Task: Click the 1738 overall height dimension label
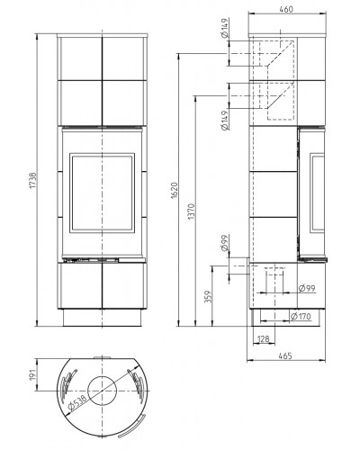coord(32,181)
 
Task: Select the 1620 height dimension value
coord(175,190)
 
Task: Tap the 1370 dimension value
coord(191,211)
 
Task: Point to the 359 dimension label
coord(208,296)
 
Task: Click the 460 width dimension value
coord(286,9)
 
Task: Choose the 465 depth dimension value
coord(285,356)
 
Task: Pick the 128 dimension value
coord(264,339)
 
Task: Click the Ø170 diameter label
coord(301,316)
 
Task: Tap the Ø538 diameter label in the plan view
coord(77,402)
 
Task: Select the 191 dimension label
coord(32,374)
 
